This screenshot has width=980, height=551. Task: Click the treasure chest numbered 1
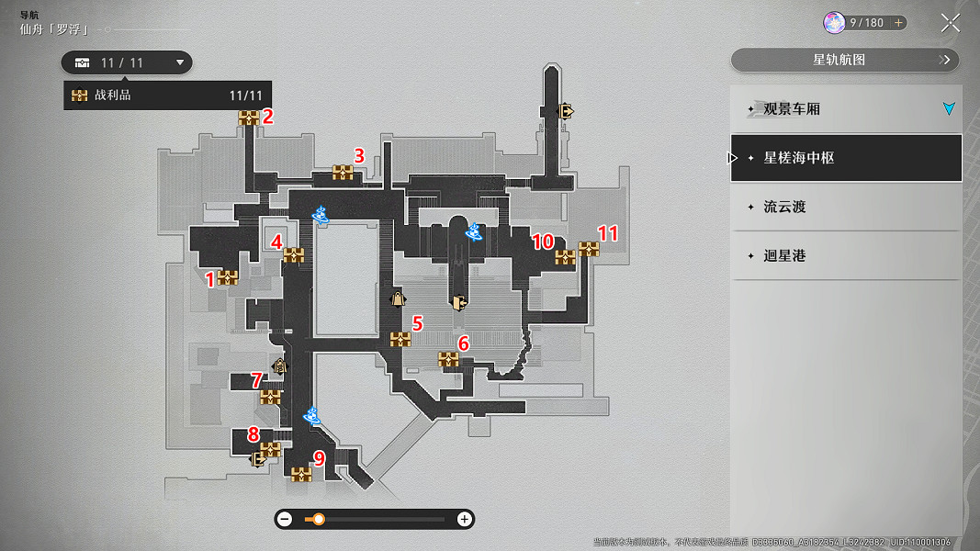tap(227, 277)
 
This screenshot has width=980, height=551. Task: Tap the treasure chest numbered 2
tap(249, 118)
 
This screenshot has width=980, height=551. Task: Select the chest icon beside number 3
tap(343, 173)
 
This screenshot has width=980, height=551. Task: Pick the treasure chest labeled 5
tap(400, 339)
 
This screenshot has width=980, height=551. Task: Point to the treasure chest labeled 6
tap(448, 359)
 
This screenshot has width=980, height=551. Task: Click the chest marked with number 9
tap(301, 475)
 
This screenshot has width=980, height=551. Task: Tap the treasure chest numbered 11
tap(589, 249)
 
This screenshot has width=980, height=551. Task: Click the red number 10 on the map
tap(543, 242)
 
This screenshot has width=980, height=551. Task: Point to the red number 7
tap(256, 379)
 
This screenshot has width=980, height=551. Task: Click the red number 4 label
tap(276, 242)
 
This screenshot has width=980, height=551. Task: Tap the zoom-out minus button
tap(285, 519)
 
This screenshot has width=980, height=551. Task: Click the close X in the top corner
tap(951, 23)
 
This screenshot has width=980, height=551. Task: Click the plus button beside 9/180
tap(898, 23)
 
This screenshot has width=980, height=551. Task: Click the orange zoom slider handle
tap(319, 519)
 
